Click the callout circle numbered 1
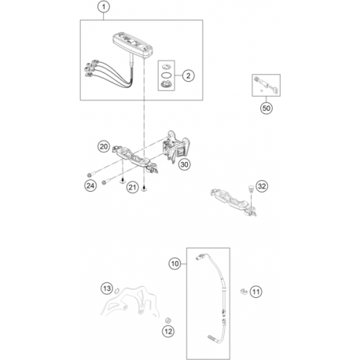(x=104, y=7)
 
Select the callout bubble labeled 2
(x=188, y=76)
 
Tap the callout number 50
(x=266, y=108)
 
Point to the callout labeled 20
(x=104, y=146)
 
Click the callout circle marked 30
(x=185, y=164)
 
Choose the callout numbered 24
(x=90, y=186)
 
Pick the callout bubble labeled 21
(x=132, y=187)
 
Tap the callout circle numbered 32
(x=262, y=186)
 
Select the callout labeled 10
(x=174, y=263)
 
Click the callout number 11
(x=256, y=292)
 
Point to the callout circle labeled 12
(x=168, y=332)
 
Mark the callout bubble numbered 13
(x=107, y=288)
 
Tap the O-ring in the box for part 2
(x=167, y=75)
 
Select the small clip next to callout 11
(x=244, y=292)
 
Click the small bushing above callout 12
(x=167, y=320)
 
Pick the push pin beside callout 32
(x=251, y=189)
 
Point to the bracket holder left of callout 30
(x=177, y=147)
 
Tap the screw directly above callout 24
(x=90, y=174)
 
